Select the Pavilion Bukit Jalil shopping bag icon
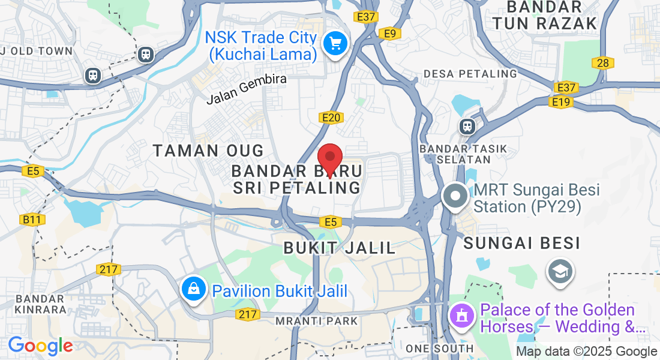pos(194,290)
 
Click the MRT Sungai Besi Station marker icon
pos(455,197)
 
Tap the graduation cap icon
pos(560,272)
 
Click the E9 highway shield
pos(391,34)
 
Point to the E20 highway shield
pos(332,118)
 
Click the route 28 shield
pos(603,62)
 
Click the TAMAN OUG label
pos(208,150)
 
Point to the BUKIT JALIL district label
pos(340,247)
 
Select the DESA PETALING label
pos(470,74)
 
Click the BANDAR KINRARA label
pos(40,304)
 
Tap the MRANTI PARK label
pos(317,321)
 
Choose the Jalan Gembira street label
pos(247,89)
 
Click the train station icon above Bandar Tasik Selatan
pos(466,127)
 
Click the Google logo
pos(40,346)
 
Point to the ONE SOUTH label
pos(439,349)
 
